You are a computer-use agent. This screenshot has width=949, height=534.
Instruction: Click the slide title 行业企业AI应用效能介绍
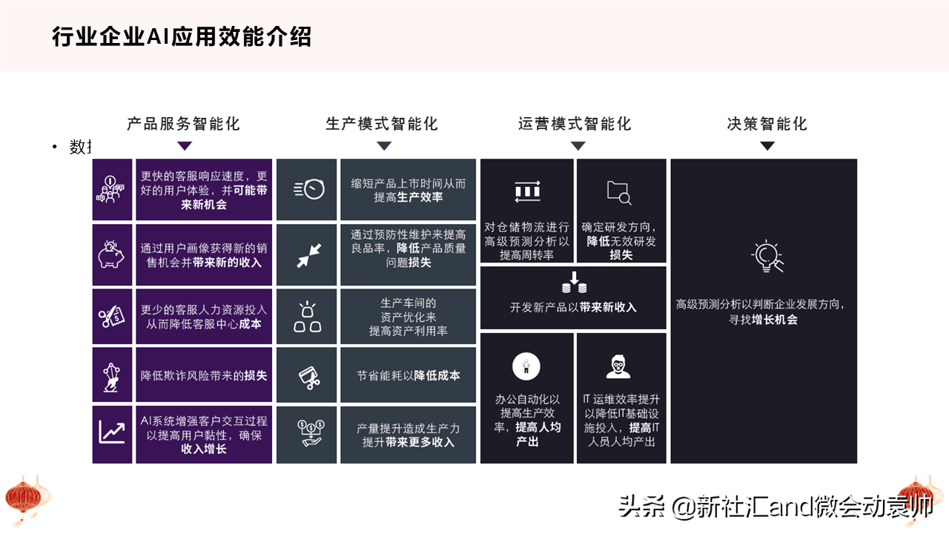point(182,36)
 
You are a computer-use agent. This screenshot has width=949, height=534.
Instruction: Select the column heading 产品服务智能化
point(183,124)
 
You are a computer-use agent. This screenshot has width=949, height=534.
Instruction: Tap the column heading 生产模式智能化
point(382,124)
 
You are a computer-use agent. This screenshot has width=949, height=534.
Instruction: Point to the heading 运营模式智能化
point(575,124)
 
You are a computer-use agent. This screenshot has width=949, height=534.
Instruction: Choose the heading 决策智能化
point(767,124)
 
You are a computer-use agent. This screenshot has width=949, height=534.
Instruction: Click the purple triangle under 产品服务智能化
point(185,146)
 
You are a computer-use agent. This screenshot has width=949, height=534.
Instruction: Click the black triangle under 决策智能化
point(767,146)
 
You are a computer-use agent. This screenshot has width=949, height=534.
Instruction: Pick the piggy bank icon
point(111,254)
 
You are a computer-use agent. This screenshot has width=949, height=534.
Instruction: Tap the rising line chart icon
point(112,432)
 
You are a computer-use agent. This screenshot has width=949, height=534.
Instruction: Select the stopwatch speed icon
point(309,189)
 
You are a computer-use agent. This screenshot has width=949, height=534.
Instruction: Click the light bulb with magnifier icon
point(767,256)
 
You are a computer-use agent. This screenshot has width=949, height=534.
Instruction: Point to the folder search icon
point(619,193)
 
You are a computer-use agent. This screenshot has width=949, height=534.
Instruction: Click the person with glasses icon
point(618,366)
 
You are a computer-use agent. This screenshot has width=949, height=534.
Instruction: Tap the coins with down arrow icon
point(574,283)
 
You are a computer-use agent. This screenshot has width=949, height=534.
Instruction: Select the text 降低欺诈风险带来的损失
point(204,375)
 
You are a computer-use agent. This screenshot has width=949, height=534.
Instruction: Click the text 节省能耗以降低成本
point(408,375)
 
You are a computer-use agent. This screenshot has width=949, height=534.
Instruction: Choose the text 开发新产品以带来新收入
point(573,307)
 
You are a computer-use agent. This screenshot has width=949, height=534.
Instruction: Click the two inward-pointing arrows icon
point(309,255)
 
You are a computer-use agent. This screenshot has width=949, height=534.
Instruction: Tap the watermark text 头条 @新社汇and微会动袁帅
point(776,507)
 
